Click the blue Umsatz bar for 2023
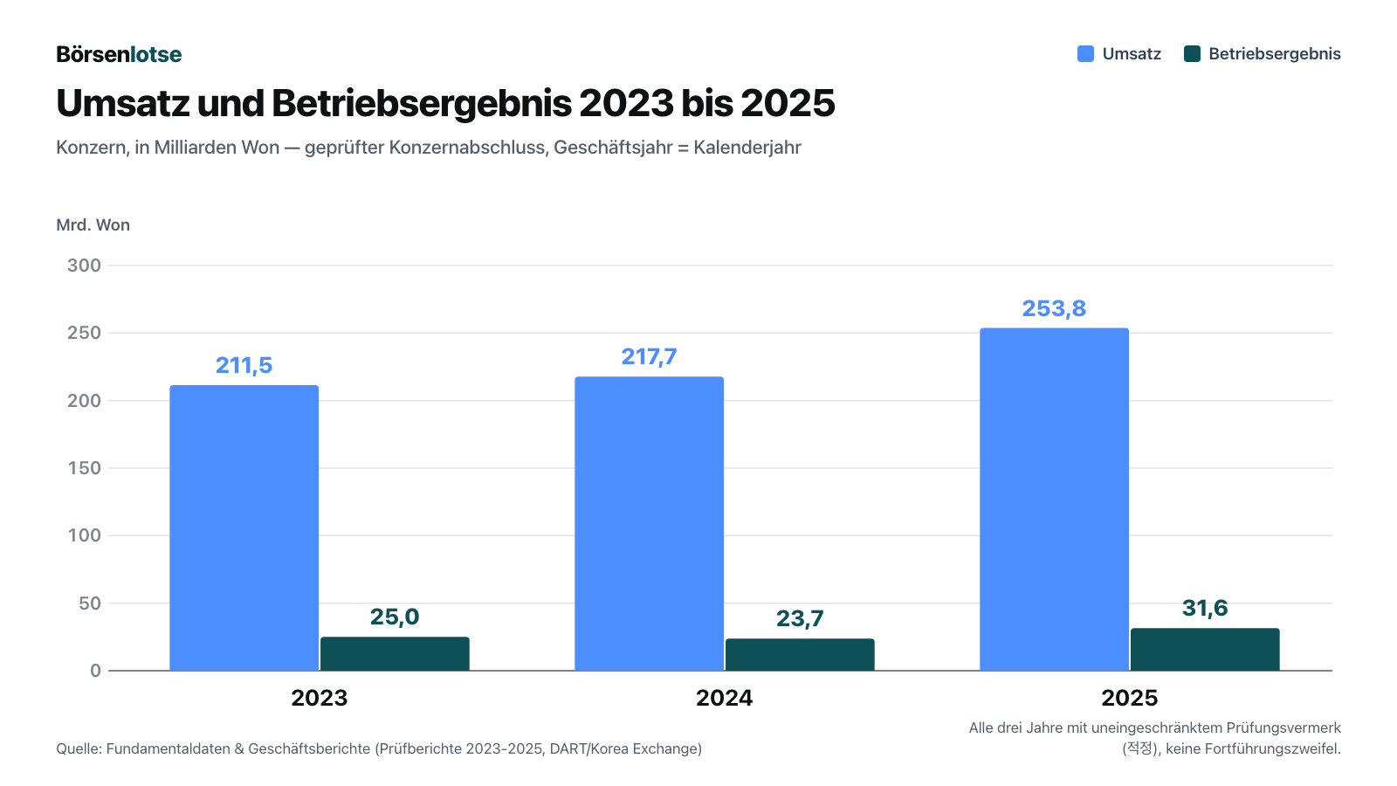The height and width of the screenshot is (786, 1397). (244, 527)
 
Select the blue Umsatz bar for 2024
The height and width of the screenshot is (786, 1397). (650, 523)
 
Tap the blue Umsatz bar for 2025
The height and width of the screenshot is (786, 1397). (1054, 499)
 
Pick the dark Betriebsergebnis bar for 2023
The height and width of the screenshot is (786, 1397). (395, 654)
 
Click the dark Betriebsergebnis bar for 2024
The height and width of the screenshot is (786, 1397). (800, 654)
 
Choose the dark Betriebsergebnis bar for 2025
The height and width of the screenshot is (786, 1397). (1205, 650)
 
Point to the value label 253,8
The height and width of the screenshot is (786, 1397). (1054, 308)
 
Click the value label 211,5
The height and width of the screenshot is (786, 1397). (244, 366)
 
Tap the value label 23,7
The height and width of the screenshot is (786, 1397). (800, 619)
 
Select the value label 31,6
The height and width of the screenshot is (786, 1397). (1205, 608)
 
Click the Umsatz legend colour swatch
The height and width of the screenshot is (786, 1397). (1086, 53)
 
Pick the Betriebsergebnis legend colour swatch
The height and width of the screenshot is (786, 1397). (1192, 53)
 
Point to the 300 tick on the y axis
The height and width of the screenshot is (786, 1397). (84, 265)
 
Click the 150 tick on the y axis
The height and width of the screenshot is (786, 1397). (84, 468)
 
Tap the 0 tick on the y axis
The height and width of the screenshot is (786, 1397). (95, 671)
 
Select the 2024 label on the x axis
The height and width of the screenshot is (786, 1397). (724, 698)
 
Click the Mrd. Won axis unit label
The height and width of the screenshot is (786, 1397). (93, 225)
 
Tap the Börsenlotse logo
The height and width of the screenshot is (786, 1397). (119, 54)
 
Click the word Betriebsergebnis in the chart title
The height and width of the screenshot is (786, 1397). (421, 104)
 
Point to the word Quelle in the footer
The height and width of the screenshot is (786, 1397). (79, 748)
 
